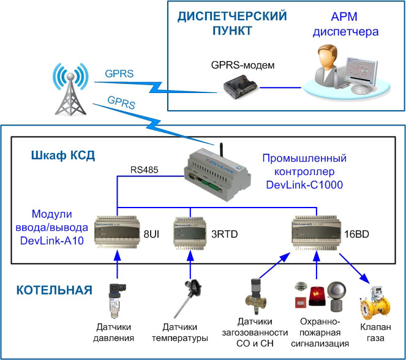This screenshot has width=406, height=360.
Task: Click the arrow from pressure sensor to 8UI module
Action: [x=115, y=264]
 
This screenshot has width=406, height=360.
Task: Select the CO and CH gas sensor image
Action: [x=255, y=298]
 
